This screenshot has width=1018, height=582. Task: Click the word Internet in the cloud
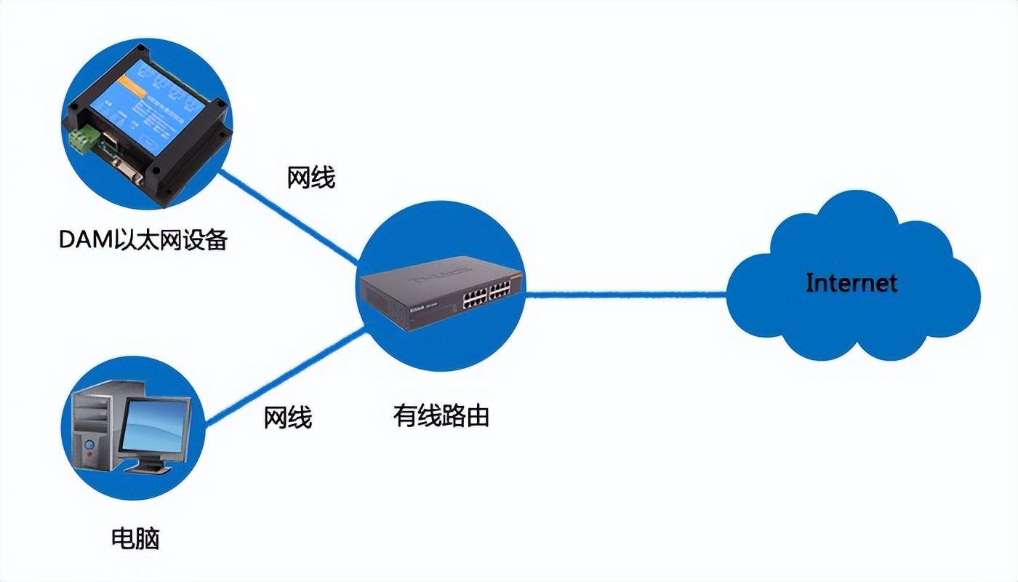[x=851, y=282]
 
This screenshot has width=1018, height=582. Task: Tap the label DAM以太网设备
[x=143, y=239]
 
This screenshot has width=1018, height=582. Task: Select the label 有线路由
[x=441, y=415]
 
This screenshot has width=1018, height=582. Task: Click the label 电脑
[x=135, y=539]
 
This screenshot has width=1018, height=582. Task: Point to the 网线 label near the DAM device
[x=311, y=177]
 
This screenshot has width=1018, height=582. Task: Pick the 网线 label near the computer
[x=288, y=418]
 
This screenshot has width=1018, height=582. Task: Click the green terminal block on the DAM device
[x=82, y=139]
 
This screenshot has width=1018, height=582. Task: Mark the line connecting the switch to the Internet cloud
[x=625, y=295]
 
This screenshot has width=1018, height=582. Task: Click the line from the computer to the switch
[x=284, y=375]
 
